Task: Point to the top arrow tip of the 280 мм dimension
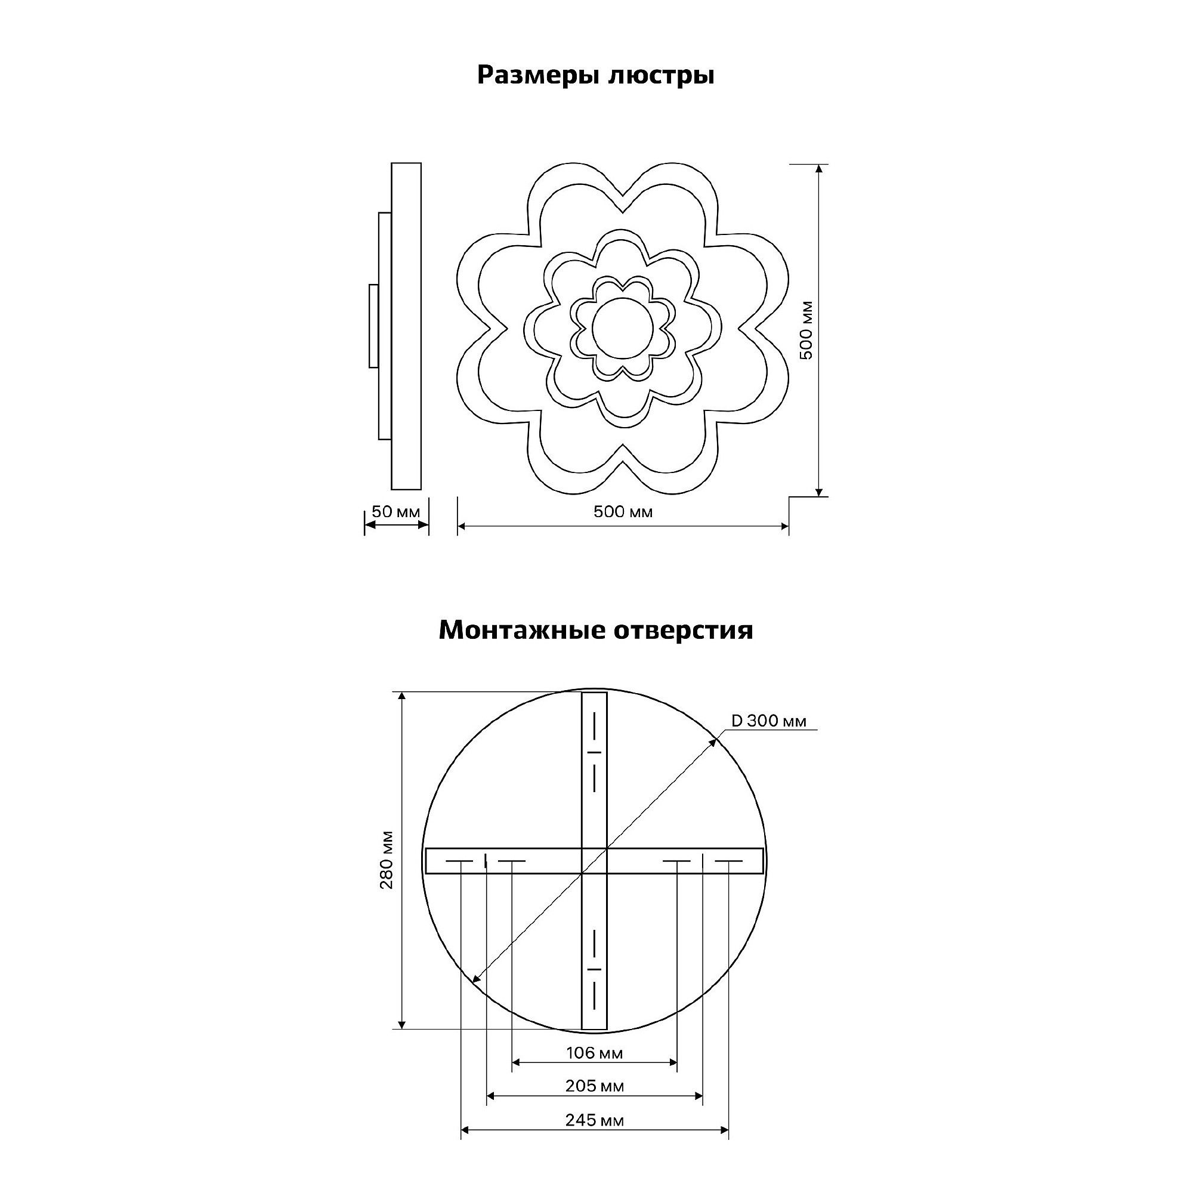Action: [402, 692]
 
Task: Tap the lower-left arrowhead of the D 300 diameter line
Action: [472, 999]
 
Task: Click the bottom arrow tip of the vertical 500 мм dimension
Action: [819, 496]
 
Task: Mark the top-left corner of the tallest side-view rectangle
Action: [391, 163]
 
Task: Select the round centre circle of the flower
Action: [622, 328]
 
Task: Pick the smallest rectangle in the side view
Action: [373, 326]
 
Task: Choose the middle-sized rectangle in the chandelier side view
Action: [385, 326]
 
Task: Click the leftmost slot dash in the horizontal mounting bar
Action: [460, 861]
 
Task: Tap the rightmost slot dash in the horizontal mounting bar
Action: [729, 861]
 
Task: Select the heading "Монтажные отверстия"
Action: [596, 631]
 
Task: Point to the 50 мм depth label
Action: [396, 512]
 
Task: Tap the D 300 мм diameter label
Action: [769, 721]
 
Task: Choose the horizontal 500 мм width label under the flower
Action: [623, 512]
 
